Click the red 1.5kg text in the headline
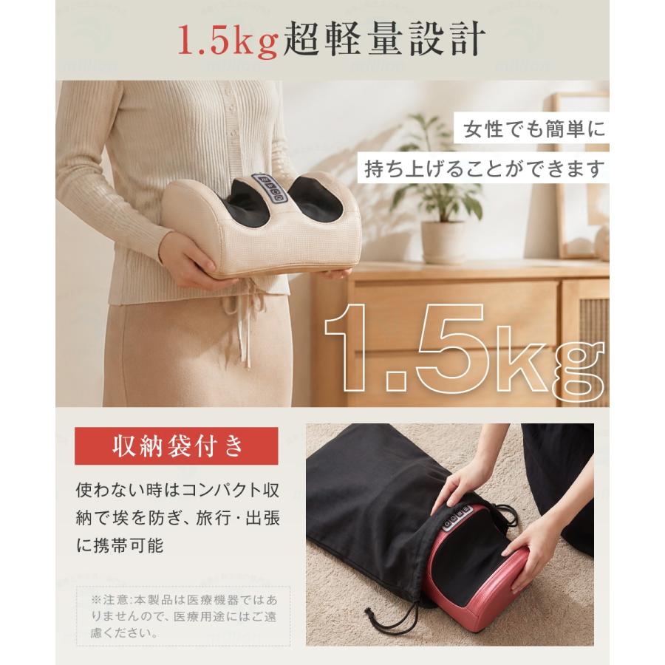tap(228, 41)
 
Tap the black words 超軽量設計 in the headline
tap(384, 39)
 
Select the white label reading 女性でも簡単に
tap(531, 129)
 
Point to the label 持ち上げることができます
tap(483, 168)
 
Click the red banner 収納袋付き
tap(177, 446)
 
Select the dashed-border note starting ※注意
tap(183, 615)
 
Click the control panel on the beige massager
tap(270, 188)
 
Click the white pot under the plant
tap(443, 242)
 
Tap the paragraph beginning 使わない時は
tap(177, 518)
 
